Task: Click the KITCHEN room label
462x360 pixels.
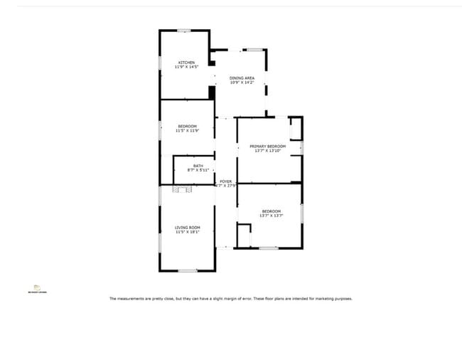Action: [x=186, y=63]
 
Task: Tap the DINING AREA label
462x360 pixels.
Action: [x=242, y=78]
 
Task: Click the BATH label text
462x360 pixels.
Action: [x=188, y=166]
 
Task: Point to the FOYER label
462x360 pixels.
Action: [x=225, y=181]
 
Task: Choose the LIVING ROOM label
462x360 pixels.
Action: [x=188, y=227]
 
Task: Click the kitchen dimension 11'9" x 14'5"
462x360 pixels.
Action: [x=186, y=67]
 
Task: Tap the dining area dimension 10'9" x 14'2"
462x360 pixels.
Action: [x=242, y=82]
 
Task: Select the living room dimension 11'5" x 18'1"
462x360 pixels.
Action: [x=188, y=231]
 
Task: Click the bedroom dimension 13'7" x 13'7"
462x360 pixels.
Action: [x=272, y=215]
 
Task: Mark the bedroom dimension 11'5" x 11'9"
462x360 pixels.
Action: [x=186, y=130]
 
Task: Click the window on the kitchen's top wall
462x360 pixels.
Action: [x=184, y=30]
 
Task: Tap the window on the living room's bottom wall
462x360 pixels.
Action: [x=188, y=270]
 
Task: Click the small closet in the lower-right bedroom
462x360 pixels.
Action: [x=244, y=235]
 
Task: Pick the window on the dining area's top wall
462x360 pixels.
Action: [x=254, y=50]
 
